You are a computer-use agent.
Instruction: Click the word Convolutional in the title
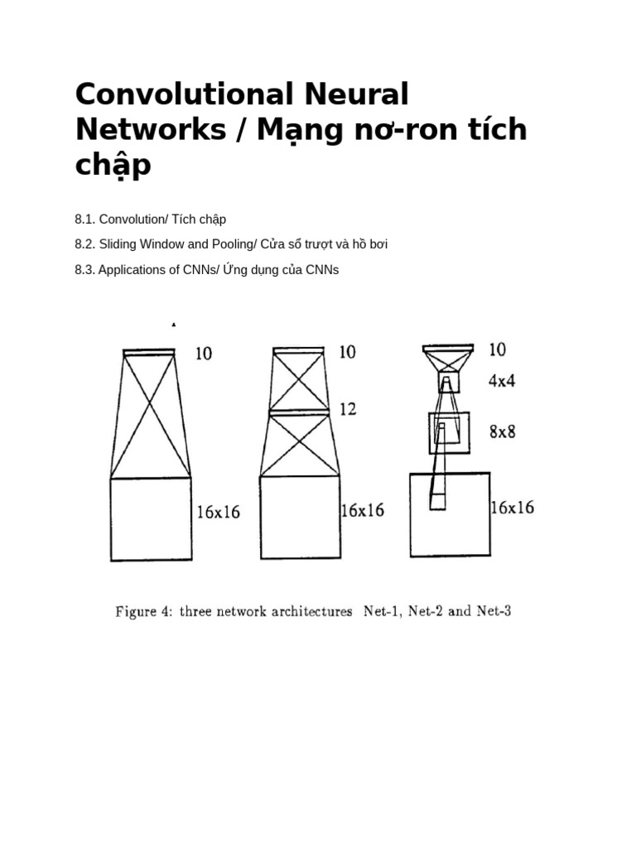[x=184, y=94]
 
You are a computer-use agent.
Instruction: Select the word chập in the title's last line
[x=113, y=165]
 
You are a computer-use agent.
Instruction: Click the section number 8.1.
[x=84, y=219]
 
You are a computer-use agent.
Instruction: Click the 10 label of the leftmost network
[x=203, y=354]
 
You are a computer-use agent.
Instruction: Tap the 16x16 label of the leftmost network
[x=218, y=512]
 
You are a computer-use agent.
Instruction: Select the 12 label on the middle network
[x=348, y=408]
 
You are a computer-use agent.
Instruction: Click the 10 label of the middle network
[x=348, y=352]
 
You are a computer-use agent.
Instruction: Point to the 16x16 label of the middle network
[x=363, y=510]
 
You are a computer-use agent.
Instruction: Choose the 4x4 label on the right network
[x=502, y=381]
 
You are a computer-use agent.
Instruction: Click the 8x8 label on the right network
[x=502, y=431]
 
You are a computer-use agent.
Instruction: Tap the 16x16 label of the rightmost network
[x=512, y=508]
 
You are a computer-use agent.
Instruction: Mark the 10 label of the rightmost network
[x=497, y=349]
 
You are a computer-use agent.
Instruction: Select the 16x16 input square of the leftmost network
[x=151, y=519]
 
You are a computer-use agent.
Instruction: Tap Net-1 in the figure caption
[x=383, y=612]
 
